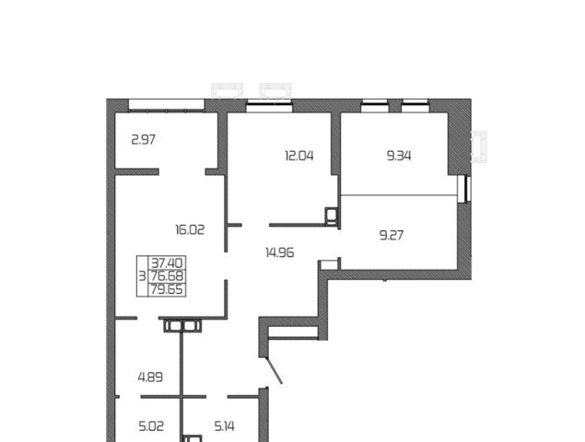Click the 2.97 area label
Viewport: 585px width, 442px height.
click(144, 140)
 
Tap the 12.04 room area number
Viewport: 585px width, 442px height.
click(299, 156)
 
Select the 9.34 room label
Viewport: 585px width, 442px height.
click(399, 156)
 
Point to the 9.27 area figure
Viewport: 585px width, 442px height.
click(392, 236)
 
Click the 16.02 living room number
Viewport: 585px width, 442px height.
click(190, 229)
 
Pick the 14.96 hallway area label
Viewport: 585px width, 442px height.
click(280, 252)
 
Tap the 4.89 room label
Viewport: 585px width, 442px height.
click(150, 378)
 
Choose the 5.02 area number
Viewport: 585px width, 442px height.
click(151, 426)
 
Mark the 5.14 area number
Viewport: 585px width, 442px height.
click(225, 426)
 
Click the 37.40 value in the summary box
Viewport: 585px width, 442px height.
click(167, 263)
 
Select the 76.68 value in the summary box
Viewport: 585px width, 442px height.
click(167, 276)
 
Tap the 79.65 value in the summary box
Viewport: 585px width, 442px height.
click(167, 289)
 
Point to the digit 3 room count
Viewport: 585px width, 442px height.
click(142, 276)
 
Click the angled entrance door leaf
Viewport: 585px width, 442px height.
click(274, 370)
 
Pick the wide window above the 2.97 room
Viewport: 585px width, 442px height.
click(167, 105)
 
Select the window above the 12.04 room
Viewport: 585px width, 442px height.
click(269, 107)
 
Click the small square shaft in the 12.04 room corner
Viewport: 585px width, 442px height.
click(331, 215)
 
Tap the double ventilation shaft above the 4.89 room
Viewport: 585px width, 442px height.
click(182, 326)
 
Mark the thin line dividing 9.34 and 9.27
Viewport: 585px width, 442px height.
click(399, 194)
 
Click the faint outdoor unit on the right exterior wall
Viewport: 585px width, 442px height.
click(479, 146)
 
